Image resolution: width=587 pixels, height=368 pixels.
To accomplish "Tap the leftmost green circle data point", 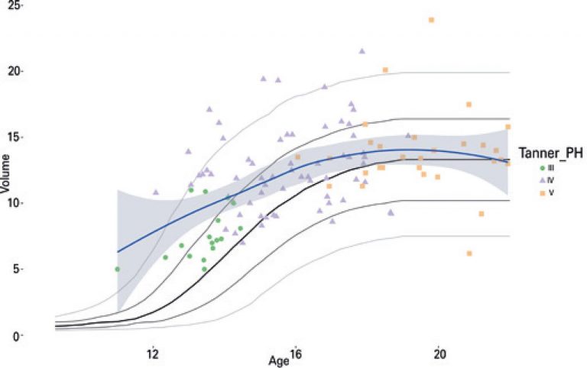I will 117,269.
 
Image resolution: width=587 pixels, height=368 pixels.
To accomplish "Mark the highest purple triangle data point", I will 362,51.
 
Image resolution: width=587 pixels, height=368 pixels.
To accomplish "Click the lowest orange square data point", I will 469,253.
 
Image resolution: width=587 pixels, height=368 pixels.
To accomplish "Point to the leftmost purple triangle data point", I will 156,192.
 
